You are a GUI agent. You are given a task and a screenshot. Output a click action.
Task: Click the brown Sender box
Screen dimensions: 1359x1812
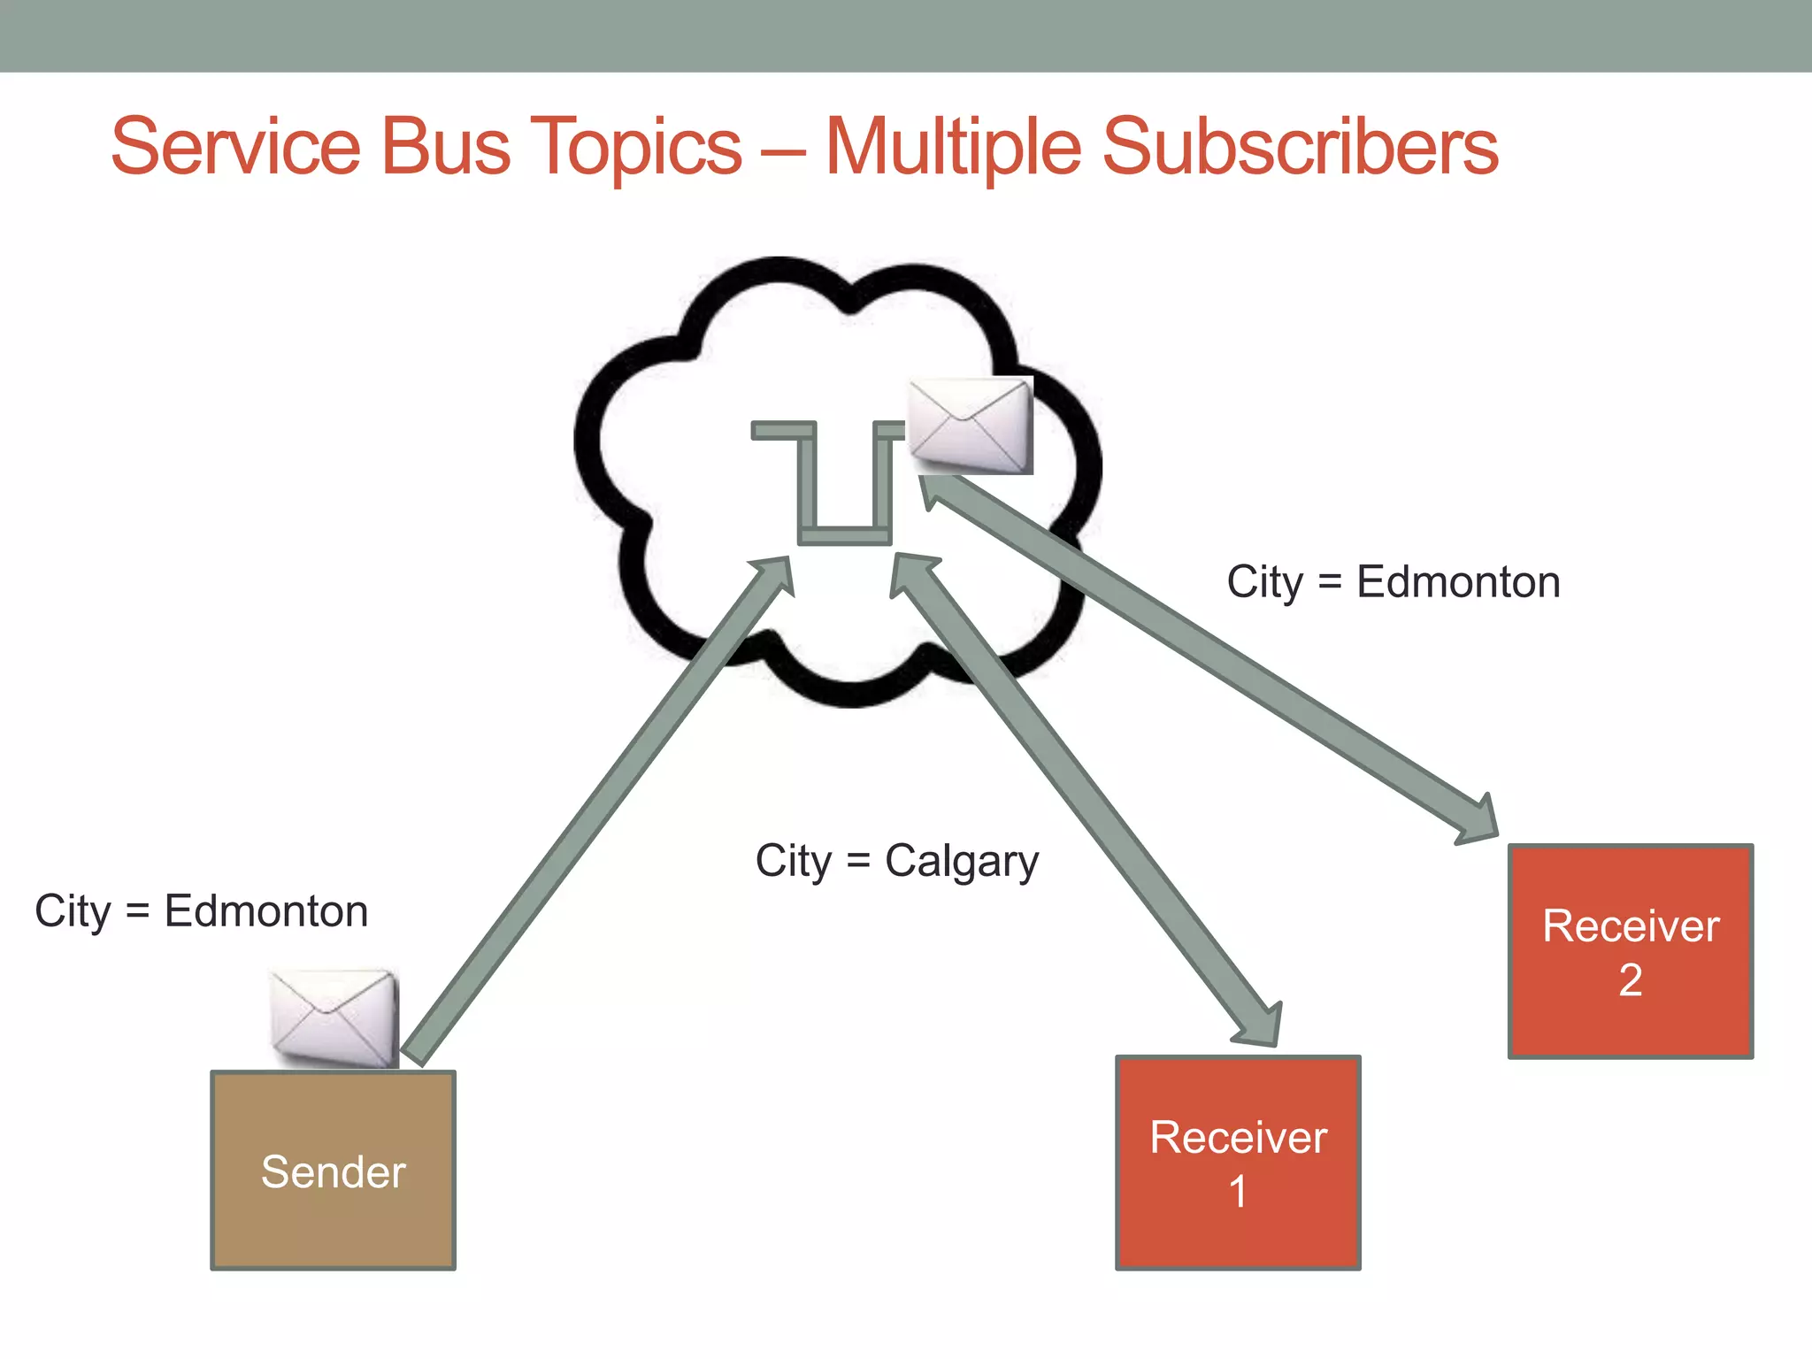point(333,1170)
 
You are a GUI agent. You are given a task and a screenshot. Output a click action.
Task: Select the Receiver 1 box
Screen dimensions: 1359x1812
point(1238,1163)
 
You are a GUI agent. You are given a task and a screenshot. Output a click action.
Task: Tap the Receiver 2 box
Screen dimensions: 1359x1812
point(1630,951)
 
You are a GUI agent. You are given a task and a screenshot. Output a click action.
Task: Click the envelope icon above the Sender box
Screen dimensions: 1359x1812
point(334,1017)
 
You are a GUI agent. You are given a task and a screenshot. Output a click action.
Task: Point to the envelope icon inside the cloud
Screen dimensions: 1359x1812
point(971,425)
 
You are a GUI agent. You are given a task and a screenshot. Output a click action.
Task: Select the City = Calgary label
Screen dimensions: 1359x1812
point(896,861)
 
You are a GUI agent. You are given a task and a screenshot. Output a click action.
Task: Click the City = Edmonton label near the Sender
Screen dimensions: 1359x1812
point(201,911)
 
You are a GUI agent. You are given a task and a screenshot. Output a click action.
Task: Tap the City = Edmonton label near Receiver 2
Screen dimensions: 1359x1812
point(1393,582)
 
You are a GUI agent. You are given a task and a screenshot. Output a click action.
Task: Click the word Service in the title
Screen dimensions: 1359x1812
point(235,147)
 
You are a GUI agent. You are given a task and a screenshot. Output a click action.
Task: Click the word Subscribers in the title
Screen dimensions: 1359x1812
point(1300,147)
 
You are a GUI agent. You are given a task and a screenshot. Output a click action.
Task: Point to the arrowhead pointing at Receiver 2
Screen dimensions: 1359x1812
point(1478,819)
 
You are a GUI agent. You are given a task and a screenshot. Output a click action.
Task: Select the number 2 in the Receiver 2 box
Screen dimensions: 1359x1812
point(1630,980)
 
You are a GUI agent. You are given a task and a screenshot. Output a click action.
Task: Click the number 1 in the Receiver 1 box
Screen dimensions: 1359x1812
point(1238,1192)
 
